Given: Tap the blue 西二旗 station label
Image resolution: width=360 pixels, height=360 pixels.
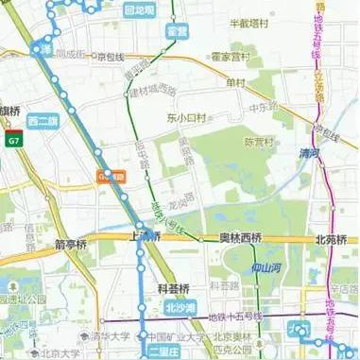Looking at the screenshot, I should [x=43, y=120].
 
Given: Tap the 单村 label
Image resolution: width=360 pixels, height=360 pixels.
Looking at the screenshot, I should [x=235, y=81].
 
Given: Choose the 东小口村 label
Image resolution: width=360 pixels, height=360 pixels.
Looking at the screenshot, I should [x=185, y=119].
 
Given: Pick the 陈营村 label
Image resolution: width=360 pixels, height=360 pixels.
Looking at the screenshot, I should [x=257, y=142].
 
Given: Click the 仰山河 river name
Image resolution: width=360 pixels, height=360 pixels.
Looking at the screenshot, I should [x=273, y=267].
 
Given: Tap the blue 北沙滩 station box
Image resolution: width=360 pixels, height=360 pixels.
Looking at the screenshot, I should [x=180, y=307].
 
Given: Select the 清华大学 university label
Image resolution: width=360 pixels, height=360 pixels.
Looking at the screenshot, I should [x=111, y=334].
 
